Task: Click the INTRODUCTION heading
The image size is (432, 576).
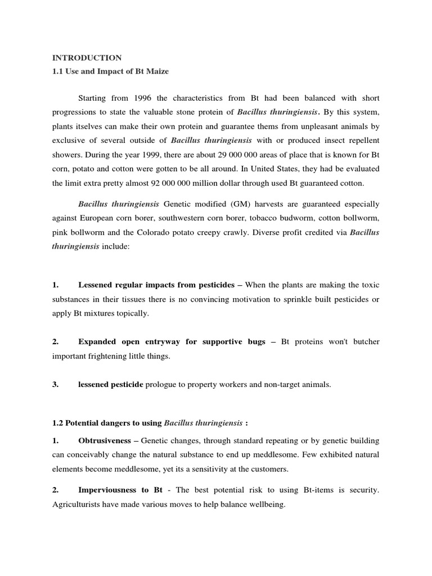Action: [87, 57]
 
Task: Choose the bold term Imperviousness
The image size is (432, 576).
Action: [107, 490]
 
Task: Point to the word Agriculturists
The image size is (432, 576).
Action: [76, 505]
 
